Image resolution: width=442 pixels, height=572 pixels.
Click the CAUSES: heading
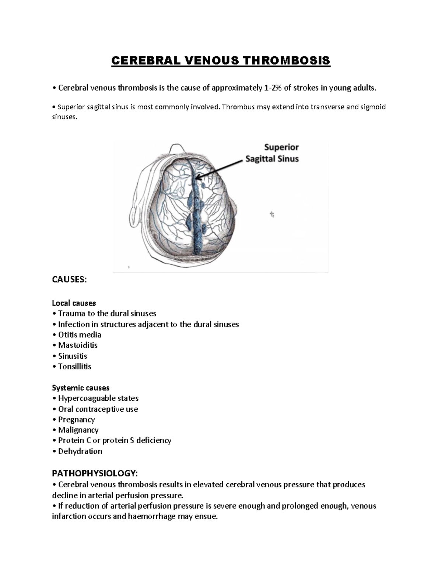(x=70, y=280)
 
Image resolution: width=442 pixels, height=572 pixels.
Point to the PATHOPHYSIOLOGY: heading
(x=95, y=473)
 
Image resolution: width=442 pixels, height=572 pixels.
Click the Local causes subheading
(x=74, y=303)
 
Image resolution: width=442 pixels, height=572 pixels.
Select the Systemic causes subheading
(x=81, y=388)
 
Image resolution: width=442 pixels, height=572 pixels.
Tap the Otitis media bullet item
(x=80, y=335)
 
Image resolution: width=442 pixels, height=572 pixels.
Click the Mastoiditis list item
(x=78, y=345)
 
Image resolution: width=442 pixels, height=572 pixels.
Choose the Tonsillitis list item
(x=75, y=366)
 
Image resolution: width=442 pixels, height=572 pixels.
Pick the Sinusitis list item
(x=73, y=356)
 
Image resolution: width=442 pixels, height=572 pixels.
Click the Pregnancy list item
(x=76, y=420)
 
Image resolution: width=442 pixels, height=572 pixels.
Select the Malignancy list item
(x=78, y=430)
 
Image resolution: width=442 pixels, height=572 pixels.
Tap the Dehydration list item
(x=80, y=451)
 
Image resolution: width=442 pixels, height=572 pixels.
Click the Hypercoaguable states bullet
(x=98, y=398)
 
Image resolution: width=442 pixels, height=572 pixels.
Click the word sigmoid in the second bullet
(x=373, y=107)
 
